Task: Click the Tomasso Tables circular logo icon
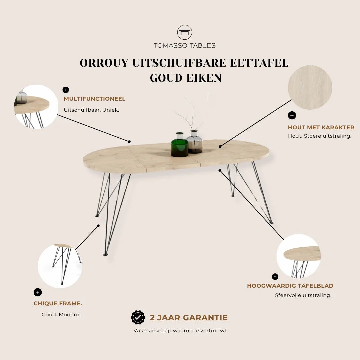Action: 185,32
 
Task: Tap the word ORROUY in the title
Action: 104,63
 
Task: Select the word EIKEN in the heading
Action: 204,78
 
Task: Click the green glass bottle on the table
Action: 180,145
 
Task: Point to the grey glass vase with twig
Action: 194,142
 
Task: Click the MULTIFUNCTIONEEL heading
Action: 95,99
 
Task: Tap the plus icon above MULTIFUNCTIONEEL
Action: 66,90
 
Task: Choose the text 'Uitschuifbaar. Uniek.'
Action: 91,110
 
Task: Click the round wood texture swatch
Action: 310,87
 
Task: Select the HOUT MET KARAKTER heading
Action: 321,127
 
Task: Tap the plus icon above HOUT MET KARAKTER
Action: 292,115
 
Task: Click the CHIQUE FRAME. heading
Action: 58,304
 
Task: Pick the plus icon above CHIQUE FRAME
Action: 38,292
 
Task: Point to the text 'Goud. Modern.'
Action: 61,315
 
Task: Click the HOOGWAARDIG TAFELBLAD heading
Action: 290,286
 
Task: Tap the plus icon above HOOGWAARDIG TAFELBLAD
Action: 275,277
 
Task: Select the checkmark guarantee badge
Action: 138,318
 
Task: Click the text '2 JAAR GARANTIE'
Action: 189,318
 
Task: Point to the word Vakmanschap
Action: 152,331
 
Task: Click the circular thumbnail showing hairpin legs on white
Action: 60,266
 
